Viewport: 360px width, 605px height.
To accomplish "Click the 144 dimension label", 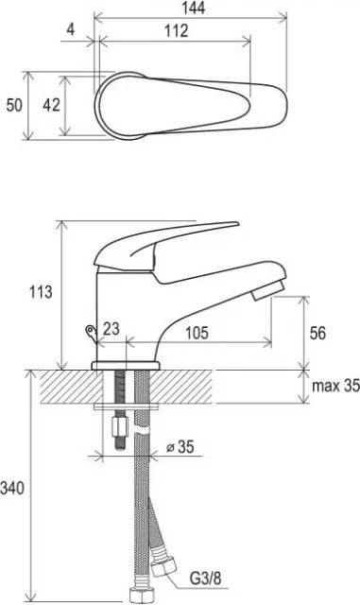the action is [x=194, y=9].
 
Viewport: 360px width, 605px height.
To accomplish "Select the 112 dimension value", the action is [x=177, y=31].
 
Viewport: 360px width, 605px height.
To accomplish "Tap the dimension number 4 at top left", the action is [x=70, y=29].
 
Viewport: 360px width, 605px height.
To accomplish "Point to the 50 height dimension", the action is [x=14, y=105].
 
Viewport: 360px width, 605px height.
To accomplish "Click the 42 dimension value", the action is [x=51, y=105].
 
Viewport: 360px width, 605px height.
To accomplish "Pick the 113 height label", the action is [x=41, y=292].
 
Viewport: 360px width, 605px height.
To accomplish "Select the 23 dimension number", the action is [x=111, y=329].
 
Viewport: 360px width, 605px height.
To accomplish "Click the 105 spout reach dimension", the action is [x=197, y=333].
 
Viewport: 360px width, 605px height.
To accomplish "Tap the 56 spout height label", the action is [x=317, y=333].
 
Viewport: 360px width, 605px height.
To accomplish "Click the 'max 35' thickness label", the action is [x=335, y=386].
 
